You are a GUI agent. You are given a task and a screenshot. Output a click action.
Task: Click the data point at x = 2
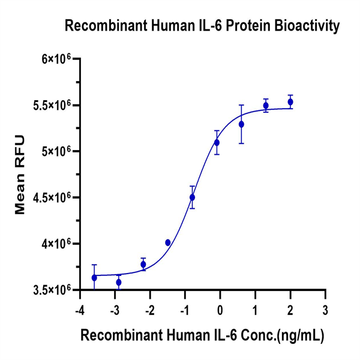coord(290,102)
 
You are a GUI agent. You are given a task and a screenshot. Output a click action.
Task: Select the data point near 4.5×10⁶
coord(192,197)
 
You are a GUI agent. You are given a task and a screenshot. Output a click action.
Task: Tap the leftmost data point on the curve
coord(94,278)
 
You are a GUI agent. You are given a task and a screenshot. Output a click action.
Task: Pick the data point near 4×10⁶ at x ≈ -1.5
coord(167,242)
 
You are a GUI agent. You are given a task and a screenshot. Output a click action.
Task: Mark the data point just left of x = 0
coord(217,142)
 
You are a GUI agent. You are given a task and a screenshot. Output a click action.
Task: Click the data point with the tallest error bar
coord(241,124)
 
